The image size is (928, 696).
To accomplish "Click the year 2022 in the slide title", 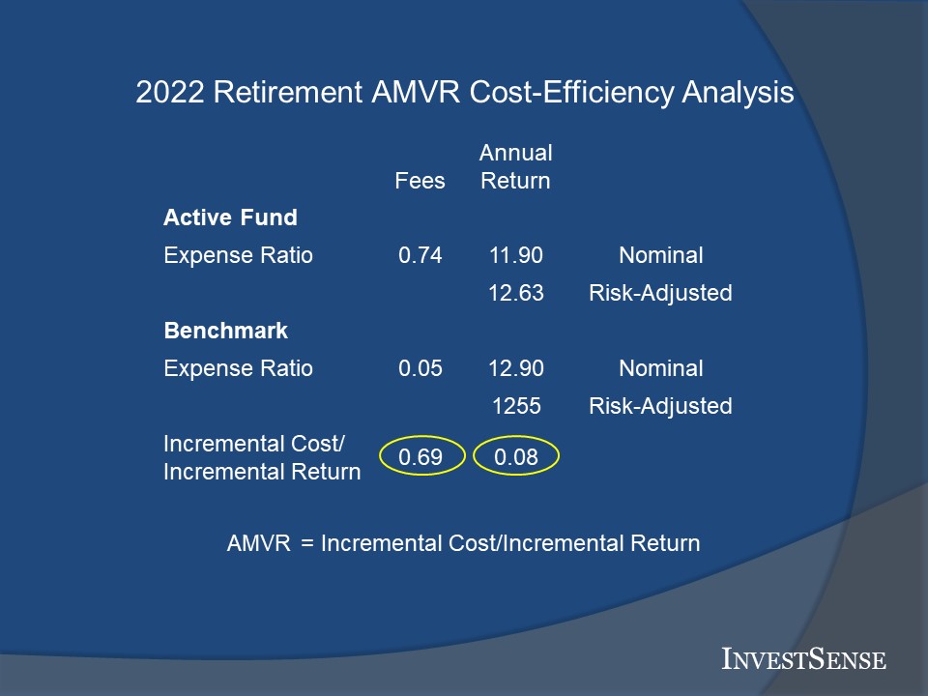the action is coord(170,93).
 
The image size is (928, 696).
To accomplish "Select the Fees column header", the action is coord(420,181).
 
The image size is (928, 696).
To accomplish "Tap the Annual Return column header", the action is coord(515,166).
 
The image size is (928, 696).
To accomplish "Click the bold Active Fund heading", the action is coord(230,217).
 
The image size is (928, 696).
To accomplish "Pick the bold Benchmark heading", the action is coord(226,331).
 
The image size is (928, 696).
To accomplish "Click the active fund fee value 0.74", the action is coord(420,255).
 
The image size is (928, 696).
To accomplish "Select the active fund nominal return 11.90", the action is coord(515,255).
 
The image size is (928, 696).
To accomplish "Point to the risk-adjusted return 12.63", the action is coord(515,293).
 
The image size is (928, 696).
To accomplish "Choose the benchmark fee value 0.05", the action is coord(420,368).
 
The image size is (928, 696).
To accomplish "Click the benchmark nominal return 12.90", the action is coord(515,368).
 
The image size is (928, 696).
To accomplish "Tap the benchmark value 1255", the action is coord(516,406).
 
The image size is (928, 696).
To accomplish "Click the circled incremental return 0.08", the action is coord(516,457).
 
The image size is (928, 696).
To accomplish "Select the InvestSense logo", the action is coord(803,658).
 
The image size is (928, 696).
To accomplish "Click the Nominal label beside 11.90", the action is coord(661,255).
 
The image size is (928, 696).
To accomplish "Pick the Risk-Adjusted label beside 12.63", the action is coord(660,293).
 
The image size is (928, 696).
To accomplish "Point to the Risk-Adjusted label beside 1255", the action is coord(660,406).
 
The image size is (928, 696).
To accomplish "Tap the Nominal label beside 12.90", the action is coord(661,368).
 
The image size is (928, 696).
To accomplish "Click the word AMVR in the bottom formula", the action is coord(259,543).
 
